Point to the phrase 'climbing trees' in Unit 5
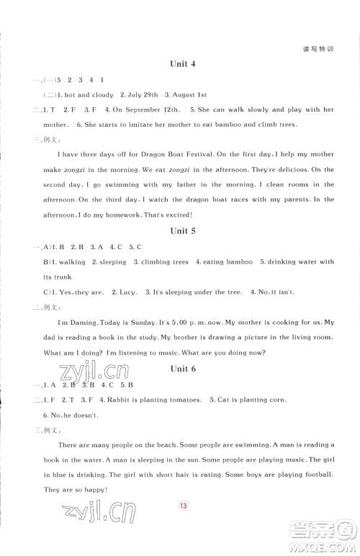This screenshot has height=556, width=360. coord(171,262)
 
